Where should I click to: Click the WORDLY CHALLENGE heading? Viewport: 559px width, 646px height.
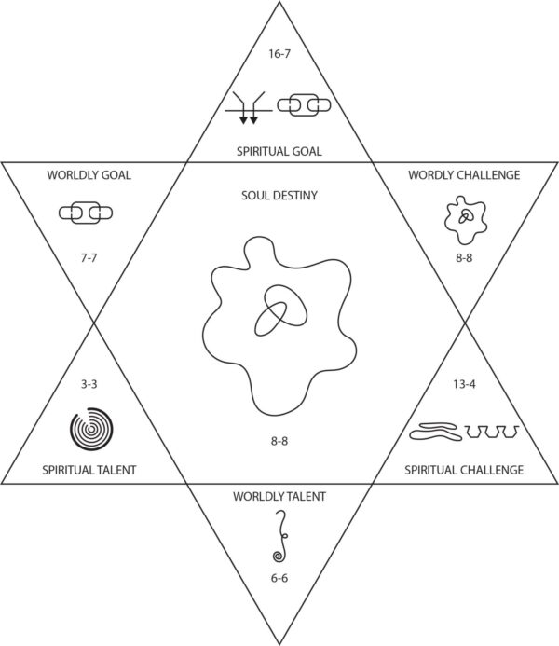click(x=462, y=175)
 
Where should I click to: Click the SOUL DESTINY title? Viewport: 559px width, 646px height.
click(x=279, y=198)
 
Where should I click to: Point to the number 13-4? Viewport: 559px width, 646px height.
click(x=463, y=382)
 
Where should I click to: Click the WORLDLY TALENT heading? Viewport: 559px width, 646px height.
click(x=279, y=496)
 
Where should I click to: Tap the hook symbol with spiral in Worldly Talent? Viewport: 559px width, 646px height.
click(x=279, y=537)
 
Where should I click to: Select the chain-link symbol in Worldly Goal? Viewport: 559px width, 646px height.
click(x=86, y=213)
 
